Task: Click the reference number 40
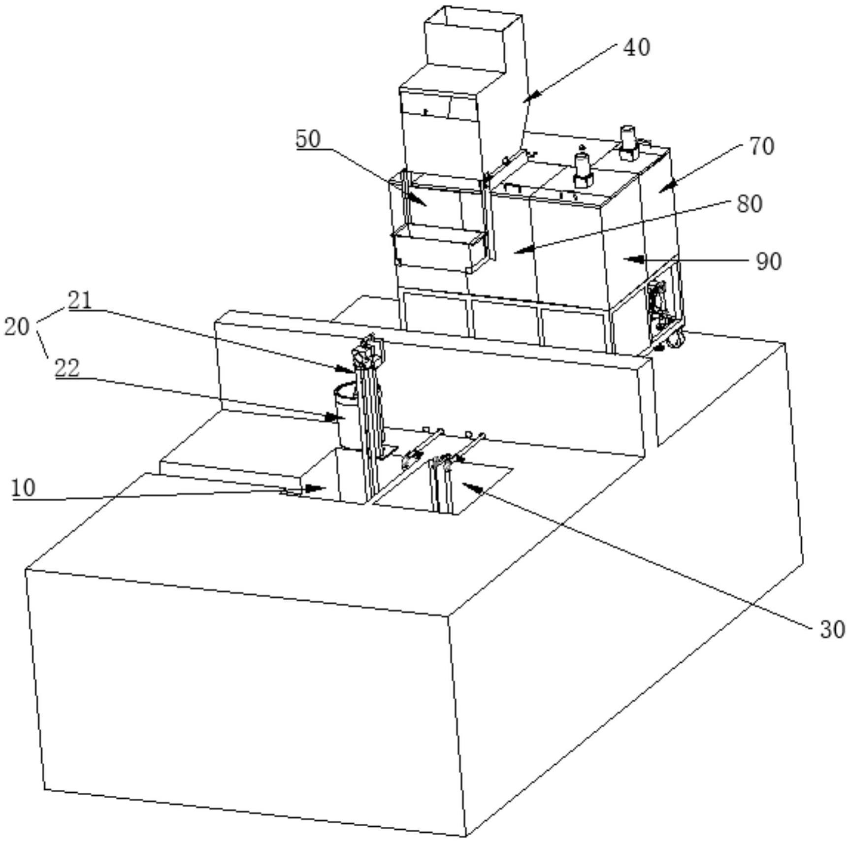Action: (637, 48)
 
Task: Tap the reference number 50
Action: (308, 139)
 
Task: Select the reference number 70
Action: (761, 146)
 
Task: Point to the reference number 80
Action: (750, 203)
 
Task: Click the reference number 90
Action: (769, 261)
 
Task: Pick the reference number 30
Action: (833, 630)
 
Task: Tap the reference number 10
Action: (23, 488)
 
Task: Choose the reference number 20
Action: (17, 326)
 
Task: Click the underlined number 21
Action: (80, 300)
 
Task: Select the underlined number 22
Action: (67, 368)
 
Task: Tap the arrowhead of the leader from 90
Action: (632, 259)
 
